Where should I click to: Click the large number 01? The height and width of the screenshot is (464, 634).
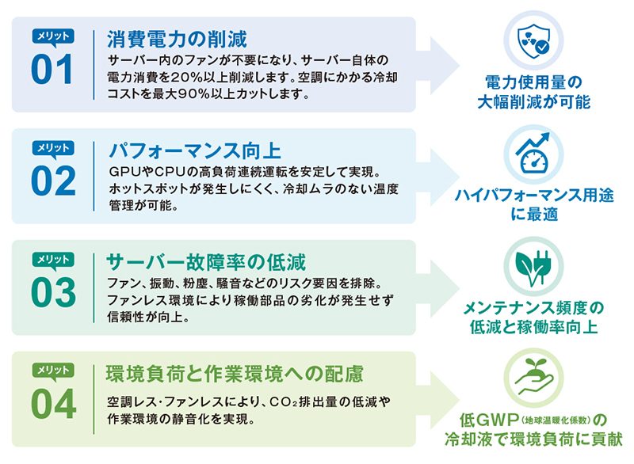[52, 70]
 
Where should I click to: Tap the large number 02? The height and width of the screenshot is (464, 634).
[53, 181]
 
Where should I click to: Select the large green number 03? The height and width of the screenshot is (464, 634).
[53, 292]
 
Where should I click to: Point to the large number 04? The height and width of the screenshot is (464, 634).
[53, 404]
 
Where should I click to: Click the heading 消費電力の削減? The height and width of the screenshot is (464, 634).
[177, 39]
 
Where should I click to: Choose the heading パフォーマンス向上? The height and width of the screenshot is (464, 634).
[195, 150]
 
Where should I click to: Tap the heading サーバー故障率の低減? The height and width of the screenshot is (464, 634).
[206, 262]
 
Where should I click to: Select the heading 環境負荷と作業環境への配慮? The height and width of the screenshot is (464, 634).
[235, 374]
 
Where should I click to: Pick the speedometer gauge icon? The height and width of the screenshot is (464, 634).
[533, 154]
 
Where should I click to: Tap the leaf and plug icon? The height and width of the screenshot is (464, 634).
[533, 267]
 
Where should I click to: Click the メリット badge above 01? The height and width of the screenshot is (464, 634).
[53, 36]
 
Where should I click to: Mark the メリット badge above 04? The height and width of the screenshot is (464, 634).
[53, 371]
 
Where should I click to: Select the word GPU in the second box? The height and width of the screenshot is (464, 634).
[124, 173]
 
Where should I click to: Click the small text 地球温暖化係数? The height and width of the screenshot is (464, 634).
[556, 420]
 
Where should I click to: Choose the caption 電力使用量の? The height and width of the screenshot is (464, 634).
[533, 83]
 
